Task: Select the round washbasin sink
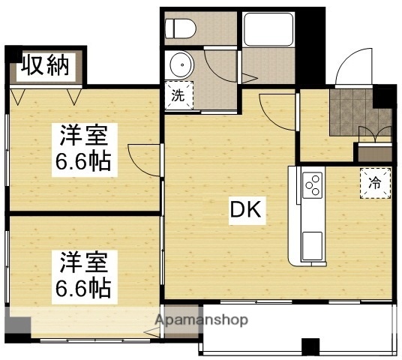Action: tap(181, 67)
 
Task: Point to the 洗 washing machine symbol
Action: tap(178, 95)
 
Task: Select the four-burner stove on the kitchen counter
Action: tap(311, 184)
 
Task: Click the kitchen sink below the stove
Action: tap(311, 244)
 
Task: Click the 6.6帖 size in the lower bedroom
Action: tap(85, 287)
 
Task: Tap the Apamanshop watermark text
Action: tap(201, 320)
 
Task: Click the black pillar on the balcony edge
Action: tap(310, 347)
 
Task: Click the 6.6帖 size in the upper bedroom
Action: tap(85, 161)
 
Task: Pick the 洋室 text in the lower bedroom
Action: tap(85, 264)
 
